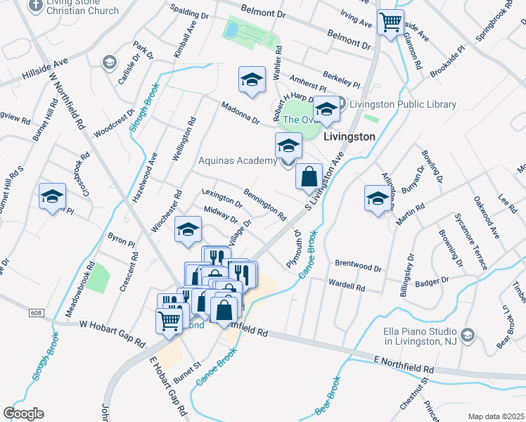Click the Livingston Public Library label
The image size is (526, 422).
click(403, 105)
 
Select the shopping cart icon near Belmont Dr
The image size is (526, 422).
click(390, 22)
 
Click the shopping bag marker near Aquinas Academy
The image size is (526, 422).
click(309, 177)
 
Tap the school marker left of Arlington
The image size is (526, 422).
click(378, 198)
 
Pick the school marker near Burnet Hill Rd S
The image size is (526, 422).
click(52, 197)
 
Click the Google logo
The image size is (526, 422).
click(23, 414)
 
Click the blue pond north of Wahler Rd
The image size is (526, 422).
click(231, 30)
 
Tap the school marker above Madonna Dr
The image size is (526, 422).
click(251, 80)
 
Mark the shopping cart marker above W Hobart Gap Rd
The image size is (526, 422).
click(169, 321)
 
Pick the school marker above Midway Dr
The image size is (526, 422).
click(188, 229)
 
